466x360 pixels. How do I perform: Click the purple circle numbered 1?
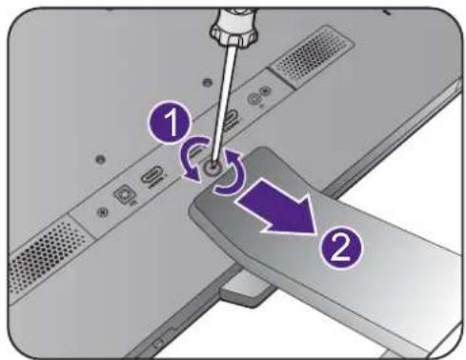(172, 123)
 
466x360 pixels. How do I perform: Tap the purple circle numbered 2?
(340, 248)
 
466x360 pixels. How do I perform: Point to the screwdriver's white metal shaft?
(224, 99)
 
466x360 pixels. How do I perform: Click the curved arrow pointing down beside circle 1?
(192, 158)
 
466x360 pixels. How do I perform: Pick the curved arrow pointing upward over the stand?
(231, 173)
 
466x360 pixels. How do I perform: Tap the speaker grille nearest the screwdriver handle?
(312, 57)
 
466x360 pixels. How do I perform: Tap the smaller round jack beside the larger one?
(266, 91)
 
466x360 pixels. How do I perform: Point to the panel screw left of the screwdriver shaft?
(207, 82)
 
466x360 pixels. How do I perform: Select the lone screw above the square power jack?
(100, 158)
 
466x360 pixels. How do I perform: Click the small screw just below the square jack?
(102, 211)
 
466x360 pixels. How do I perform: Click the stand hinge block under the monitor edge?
(246, 289)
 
